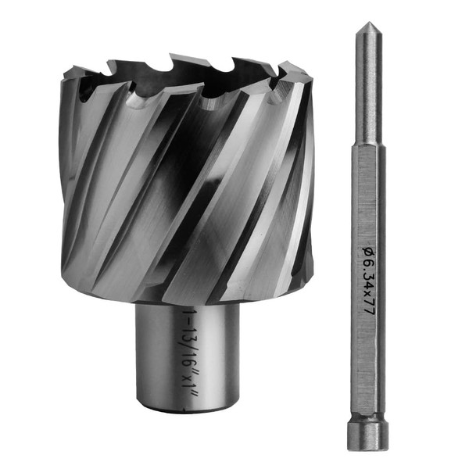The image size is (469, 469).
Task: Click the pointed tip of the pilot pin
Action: [369, 22]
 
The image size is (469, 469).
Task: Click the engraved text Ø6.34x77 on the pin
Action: [368, 279]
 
